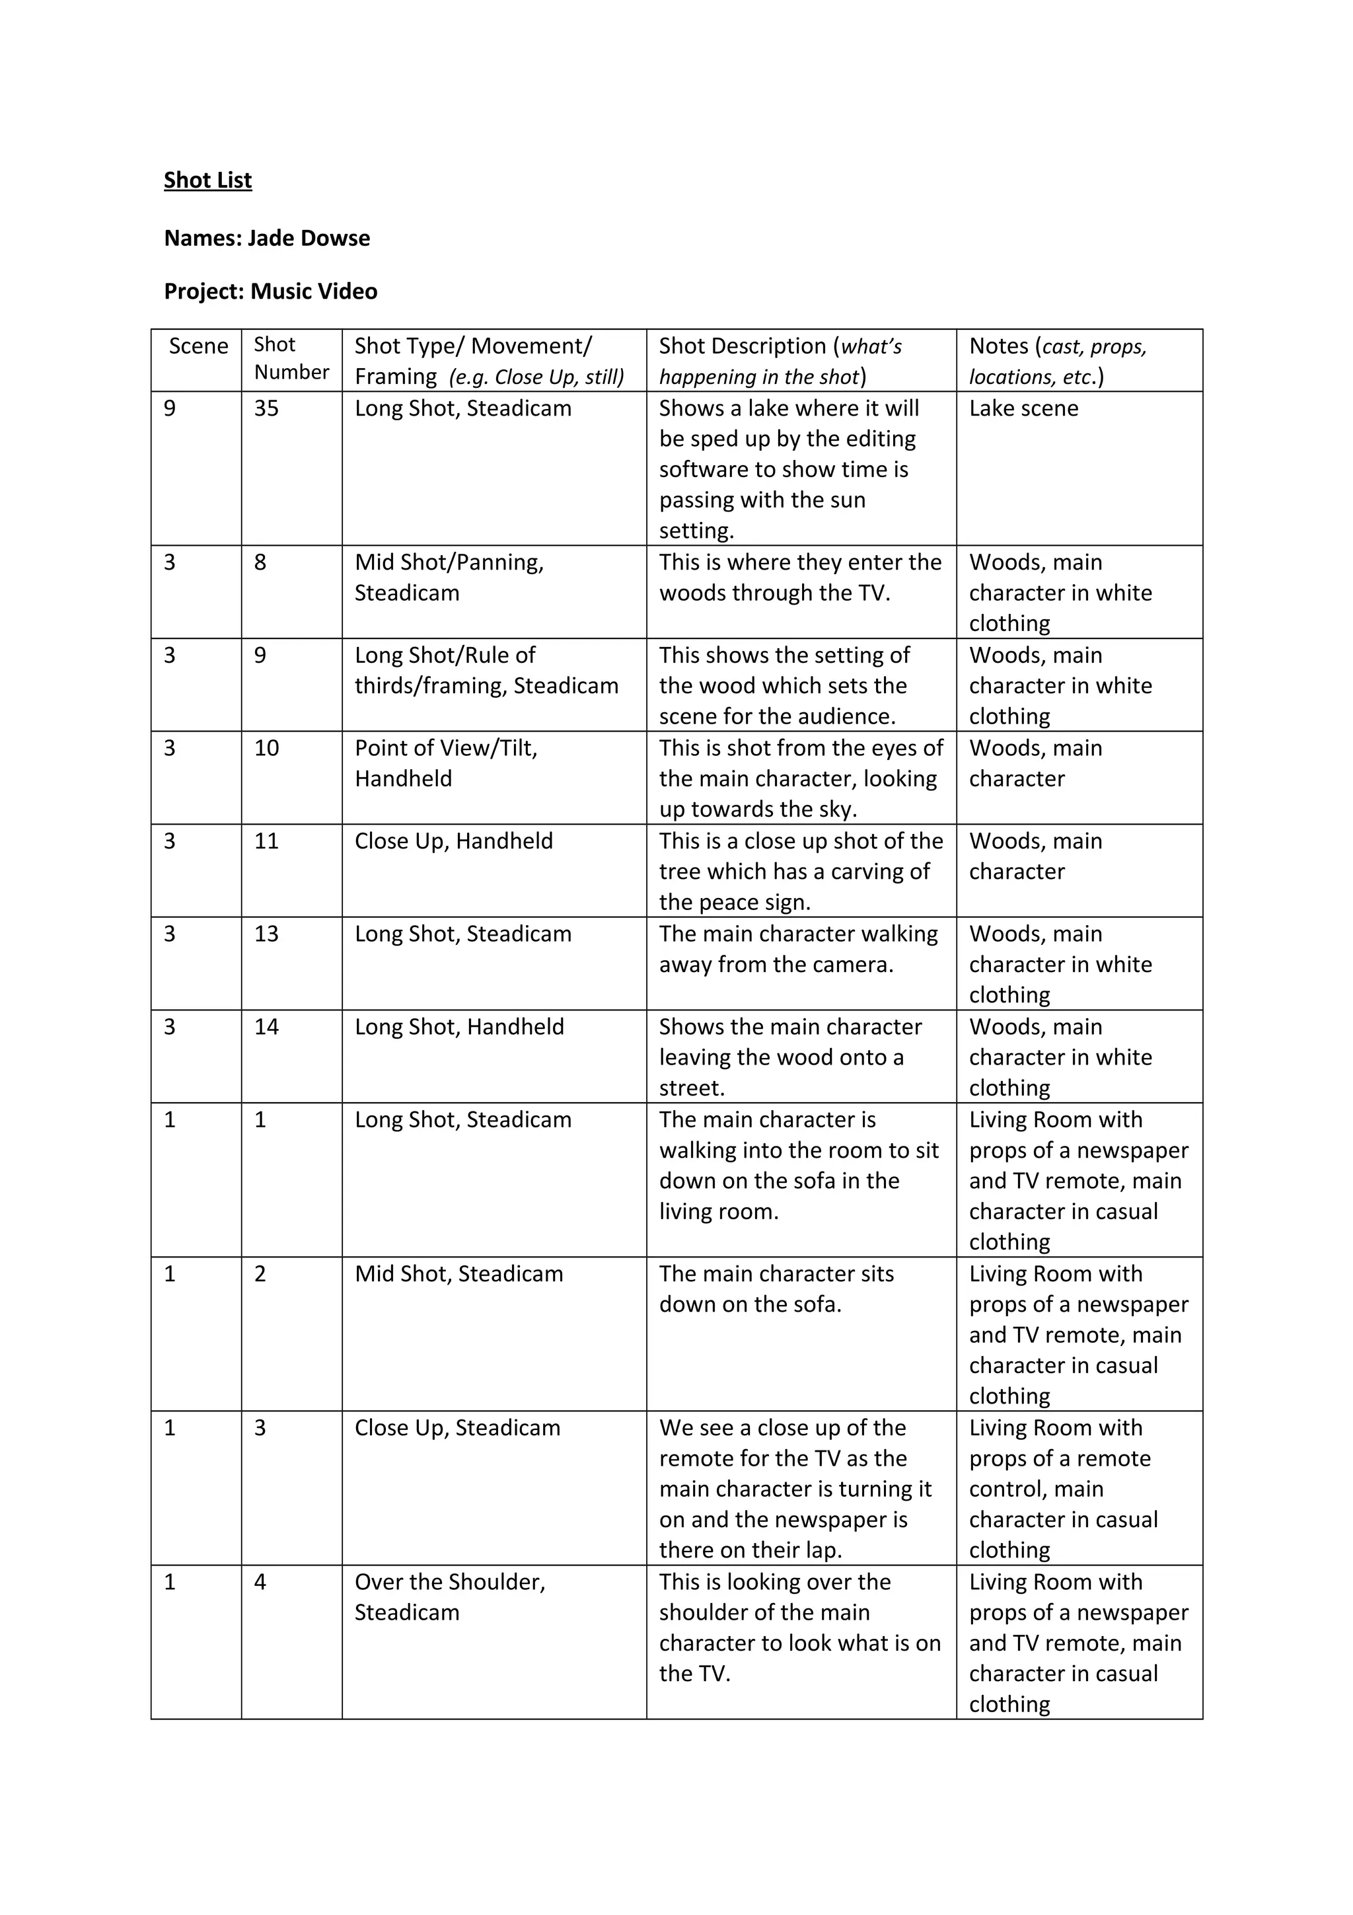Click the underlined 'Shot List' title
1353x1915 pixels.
coord(207,180)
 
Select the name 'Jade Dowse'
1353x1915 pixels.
coord(309,239)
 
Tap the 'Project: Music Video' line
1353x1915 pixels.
coord(270,291)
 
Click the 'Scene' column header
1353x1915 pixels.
coord(198,346)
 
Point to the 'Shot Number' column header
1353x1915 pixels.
coord(291,359)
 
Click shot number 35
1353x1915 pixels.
coord(267,408)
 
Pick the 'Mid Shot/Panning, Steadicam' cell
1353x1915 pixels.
coord(449,577)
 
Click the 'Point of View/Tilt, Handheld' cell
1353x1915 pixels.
coord(446,763)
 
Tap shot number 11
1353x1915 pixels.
coord(267,841)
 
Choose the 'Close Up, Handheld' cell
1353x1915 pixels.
coord(453,841)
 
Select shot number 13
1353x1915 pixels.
coord(267,934)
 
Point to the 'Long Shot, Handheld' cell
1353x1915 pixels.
coord(459,1027)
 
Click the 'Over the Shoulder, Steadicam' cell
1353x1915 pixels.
coord(449,1597)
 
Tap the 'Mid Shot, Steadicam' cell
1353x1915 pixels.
coord(458,1273)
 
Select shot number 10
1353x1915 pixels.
coord(267,748)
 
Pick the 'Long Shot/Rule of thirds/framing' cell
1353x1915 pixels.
coord(486,671)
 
